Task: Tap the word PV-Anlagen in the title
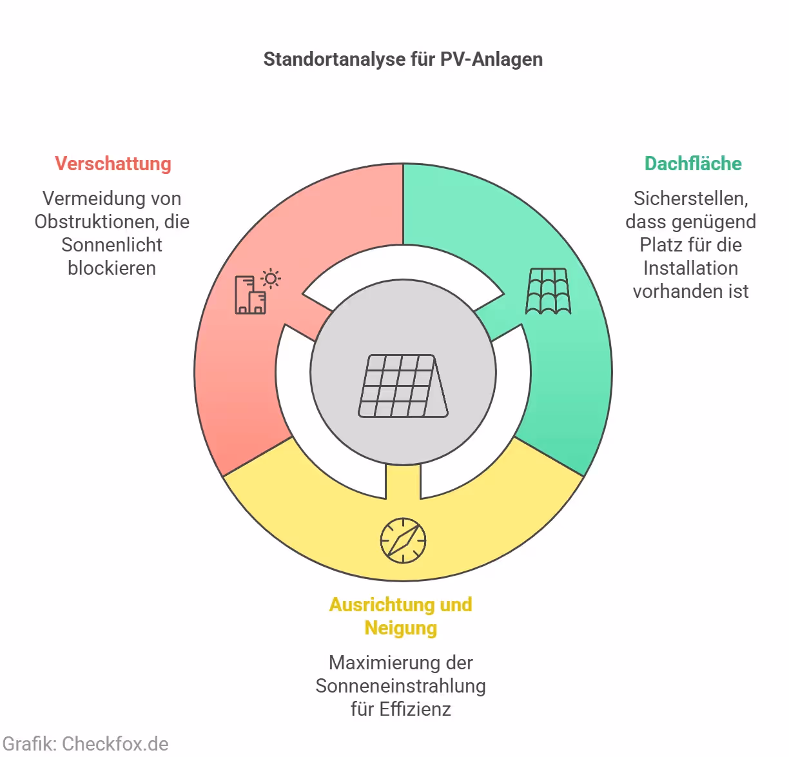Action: click(491, 59)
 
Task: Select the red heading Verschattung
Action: click(113, 164)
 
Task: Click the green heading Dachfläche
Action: click(693, 164)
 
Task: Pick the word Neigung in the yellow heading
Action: click(400, 628)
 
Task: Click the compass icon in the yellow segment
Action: click(403, 540)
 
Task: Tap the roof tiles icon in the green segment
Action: click(548, 291)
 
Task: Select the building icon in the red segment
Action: click(250, 295)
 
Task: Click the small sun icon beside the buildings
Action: click(271, 279)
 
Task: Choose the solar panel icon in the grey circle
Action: click(403, 386)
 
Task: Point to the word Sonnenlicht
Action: click(112, 245)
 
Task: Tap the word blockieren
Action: click(112, 268)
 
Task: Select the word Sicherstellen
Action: click(690, 199)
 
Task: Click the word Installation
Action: click(690, 268)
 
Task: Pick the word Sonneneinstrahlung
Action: click(400, 686)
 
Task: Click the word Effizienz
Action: click(415, 709)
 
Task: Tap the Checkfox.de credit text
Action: click(115, 743)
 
